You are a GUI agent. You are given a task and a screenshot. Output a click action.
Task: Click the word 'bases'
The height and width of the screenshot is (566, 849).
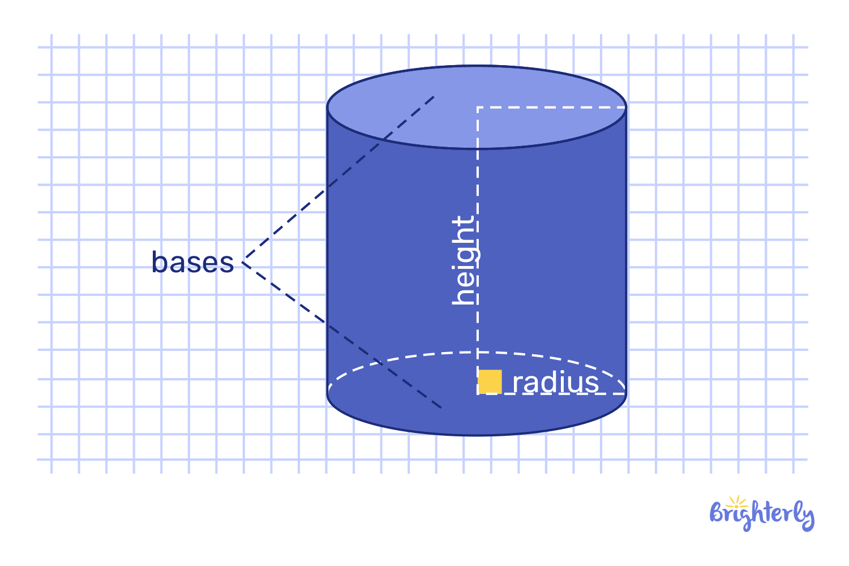(x=192, y=263)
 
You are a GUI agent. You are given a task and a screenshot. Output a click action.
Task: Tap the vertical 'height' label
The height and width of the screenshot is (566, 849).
(x=464, y=260)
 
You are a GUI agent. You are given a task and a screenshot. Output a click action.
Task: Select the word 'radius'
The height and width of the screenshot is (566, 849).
(x=555, y=383)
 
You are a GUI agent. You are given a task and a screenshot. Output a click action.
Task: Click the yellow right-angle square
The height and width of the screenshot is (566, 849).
(x=490, y=381)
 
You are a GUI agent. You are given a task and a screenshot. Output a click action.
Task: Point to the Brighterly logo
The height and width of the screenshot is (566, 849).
(x=762, y=513)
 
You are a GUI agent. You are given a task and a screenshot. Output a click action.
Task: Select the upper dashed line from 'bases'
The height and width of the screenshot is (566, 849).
(x=340, y=179)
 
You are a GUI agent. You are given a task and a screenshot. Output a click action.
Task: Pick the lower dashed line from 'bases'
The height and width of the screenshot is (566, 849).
(x=340, y=334)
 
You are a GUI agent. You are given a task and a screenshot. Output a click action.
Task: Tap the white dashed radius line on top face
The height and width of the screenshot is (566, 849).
(x=552, y=107)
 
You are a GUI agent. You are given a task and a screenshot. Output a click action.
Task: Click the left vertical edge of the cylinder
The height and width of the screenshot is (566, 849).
(x=328, y=249)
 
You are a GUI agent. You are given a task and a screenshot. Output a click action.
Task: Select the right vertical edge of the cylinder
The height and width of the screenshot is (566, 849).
(x=626, y=249)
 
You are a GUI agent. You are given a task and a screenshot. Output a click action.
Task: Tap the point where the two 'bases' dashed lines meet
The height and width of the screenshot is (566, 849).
(x=243, y=262)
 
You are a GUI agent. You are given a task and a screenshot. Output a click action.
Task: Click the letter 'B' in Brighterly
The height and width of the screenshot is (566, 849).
(x=717, y=513)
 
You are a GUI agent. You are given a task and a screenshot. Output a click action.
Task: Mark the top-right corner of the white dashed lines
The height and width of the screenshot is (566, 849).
(x=625, y=107)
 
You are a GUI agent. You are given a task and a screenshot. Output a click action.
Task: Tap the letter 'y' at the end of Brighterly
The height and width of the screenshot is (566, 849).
(x=808, y=516)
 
